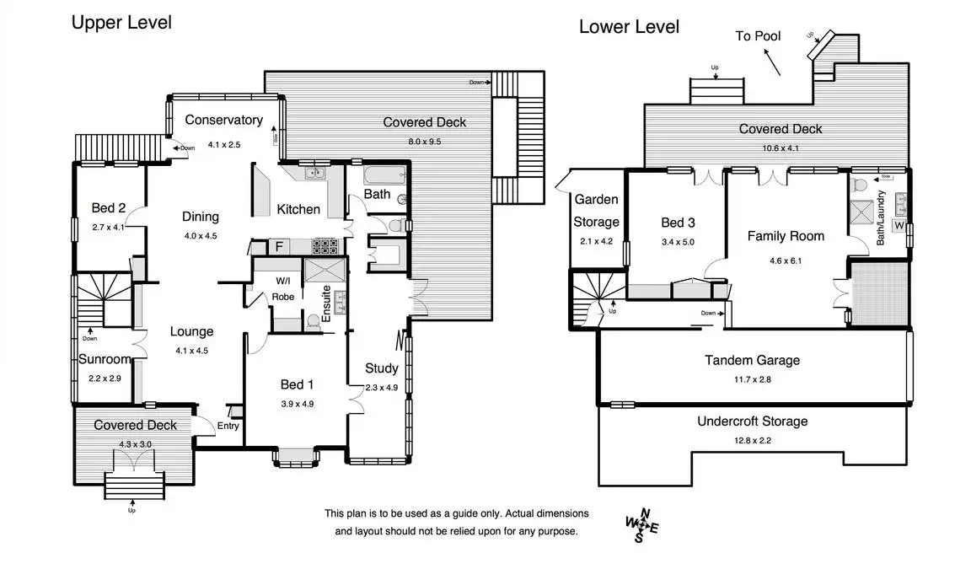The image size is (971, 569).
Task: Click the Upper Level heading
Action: coord(121,23)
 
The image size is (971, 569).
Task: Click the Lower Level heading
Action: coord(629,27)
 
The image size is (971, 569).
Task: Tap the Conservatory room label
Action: coord(223,120)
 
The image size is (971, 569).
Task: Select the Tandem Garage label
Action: coord(752,361)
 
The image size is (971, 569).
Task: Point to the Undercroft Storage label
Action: coord(752,421)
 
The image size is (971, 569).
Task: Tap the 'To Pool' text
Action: coord(758,36)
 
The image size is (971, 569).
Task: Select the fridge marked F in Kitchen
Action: coord(277,247)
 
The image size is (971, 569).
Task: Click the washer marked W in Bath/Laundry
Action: coord(899,226)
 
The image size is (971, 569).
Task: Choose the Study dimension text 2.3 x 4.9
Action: coord(381,388)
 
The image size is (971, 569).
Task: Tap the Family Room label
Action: coord(786,236)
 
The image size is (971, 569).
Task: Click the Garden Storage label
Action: coord(597,211)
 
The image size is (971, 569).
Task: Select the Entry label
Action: coord(228,426)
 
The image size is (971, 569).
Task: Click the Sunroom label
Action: coord(105,359)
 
